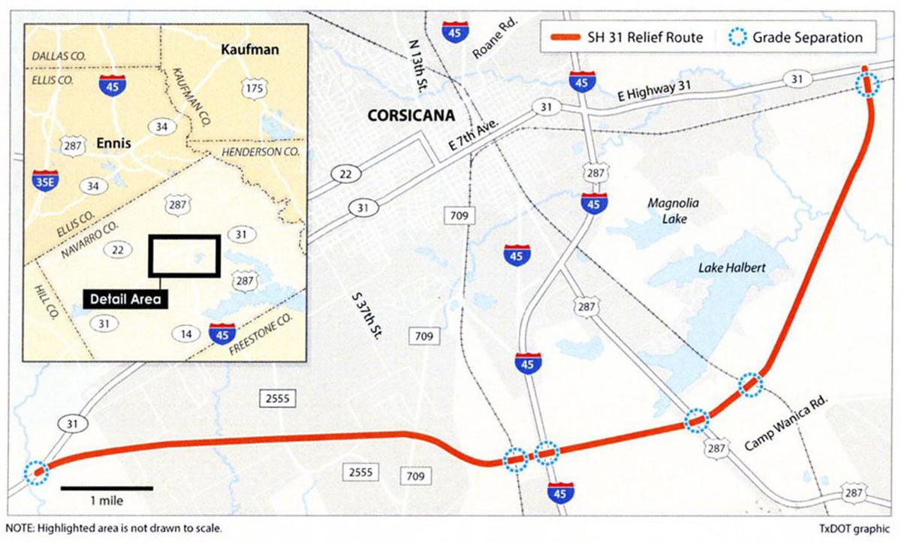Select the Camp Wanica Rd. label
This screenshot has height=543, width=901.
coord(785,424)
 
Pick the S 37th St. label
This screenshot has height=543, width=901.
coord(366,315)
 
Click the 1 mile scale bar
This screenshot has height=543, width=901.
coord(107,489)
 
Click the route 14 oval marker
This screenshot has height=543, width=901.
coord(186,333)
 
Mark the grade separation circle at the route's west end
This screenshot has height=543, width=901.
coord(35,472)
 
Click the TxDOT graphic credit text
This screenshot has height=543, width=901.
coord(855,527)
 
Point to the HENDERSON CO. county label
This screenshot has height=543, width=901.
coord(259,152)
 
